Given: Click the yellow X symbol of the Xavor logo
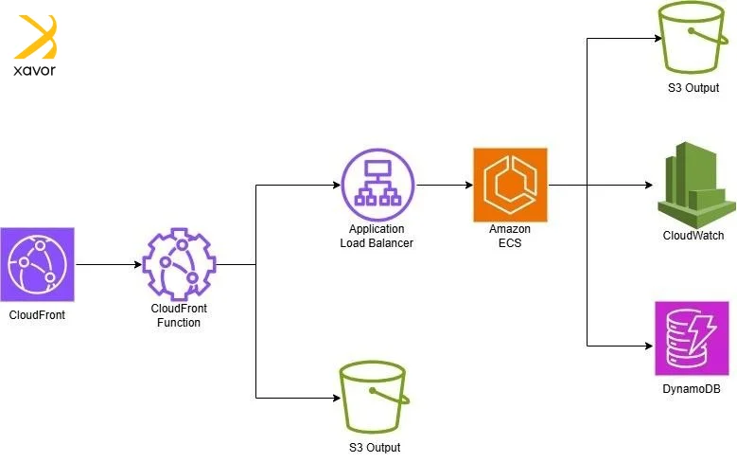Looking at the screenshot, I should pyautogui.click(x=36, y=37).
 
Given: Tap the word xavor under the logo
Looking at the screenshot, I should pyautogui.click(x=35, y=71).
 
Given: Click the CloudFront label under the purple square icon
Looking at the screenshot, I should pyautogui.click(x=37, y=313).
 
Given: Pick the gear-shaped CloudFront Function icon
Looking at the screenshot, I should pyautogui.click(x=179, y=264).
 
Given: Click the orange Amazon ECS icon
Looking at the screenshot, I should pyautogui.click(x=510, y=186).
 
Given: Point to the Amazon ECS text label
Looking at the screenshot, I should pyautogui.click(x=510, y=236).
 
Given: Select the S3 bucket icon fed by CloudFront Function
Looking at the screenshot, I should pyautogui.click(x=376, y=400).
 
